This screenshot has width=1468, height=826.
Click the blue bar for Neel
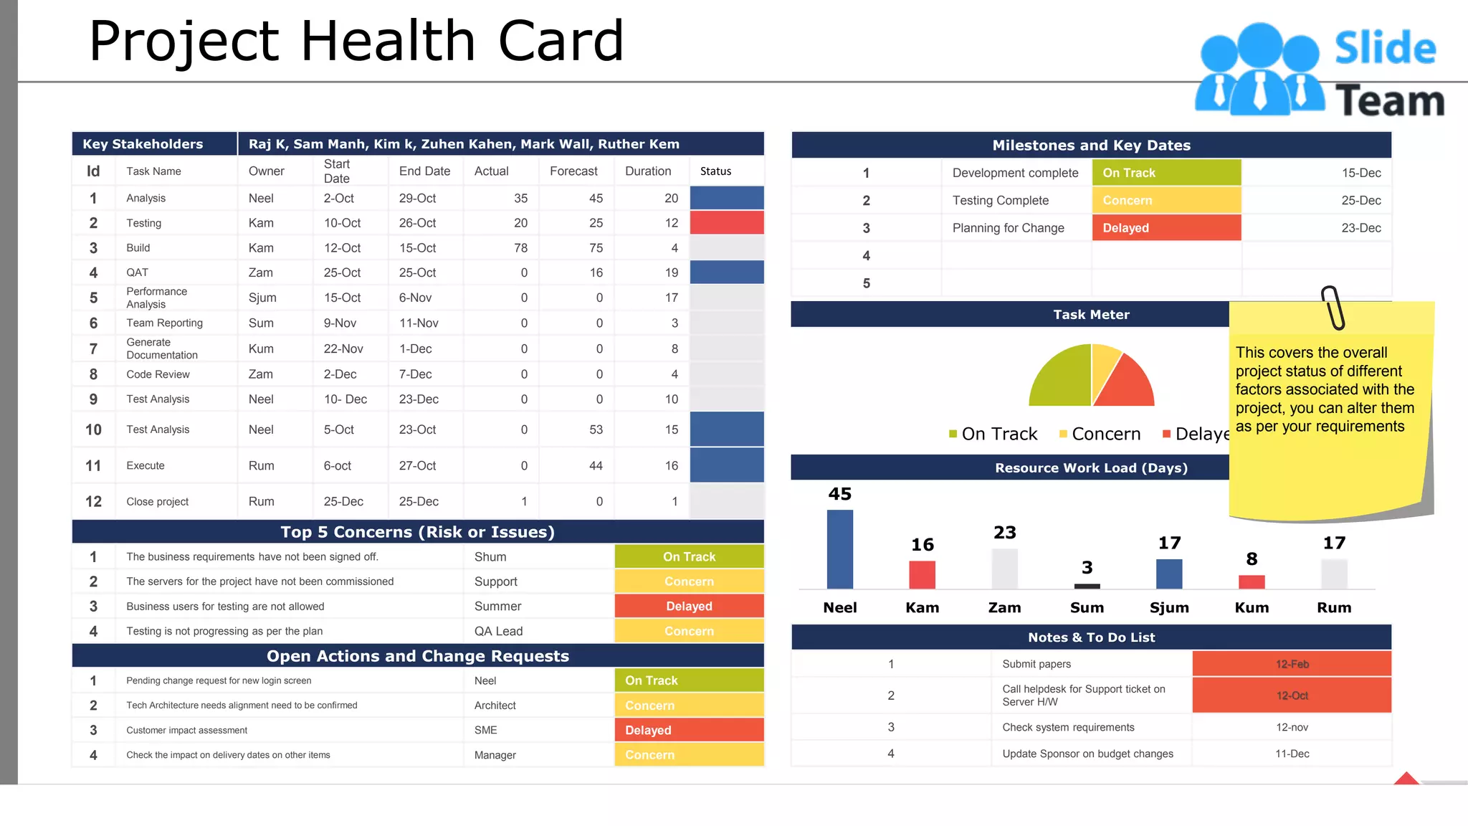coord(839,549)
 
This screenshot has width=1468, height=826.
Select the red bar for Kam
coord(922,574)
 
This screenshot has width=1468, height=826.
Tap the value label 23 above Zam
coord(1004,533)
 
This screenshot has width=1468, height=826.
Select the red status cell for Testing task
coord(726,223)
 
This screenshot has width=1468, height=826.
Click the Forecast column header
coord(573,171)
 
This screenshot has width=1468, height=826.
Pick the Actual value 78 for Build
coord(520,248)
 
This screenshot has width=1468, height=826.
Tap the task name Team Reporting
coord(164,323)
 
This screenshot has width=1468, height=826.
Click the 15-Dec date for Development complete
coord(1360,173)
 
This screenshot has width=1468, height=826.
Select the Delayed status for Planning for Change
coord(1166,228)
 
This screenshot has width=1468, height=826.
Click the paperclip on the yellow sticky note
coord(1333,308)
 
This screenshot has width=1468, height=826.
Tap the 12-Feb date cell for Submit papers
coord(1292,664)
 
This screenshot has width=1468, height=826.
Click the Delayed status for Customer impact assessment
coord(688,730)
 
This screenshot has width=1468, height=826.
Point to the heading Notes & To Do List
coord(1091,637)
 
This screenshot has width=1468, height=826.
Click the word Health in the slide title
coord(388,41)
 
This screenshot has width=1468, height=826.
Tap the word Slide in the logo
coord(1385,48)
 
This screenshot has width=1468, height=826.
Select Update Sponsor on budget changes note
coord(1087,754)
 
